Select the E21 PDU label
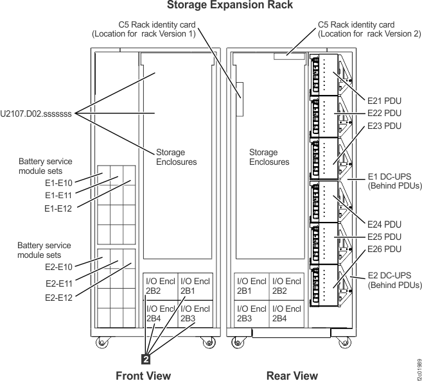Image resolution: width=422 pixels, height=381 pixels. pyautogui.click(x=384, y=100)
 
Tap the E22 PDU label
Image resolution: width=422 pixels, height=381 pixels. pyautogui.click(x=384, y=113)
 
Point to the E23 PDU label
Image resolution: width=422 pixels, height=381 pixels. pyautogui.click(x=384, y=126)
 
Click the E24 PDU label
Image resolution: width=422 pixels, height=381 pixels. pyautogui.click(x=384, y=224)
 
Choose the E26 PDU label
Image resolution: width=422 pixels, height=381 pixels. pyautogui.click(x=384, y=249)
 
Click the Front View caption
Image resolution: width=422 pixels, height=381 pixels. pyautogui.click(x=143, y=375)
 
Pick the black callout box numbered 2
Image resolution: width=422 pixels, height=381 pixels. pyautogui.click(x=146, y=350)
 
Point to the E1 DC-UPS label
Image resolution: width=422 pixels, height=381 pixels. pyautogui.click(x=394, y=180)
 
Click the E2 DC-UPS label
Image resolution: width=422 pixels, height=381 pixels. pyautogui.click(x=394, y=278)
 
